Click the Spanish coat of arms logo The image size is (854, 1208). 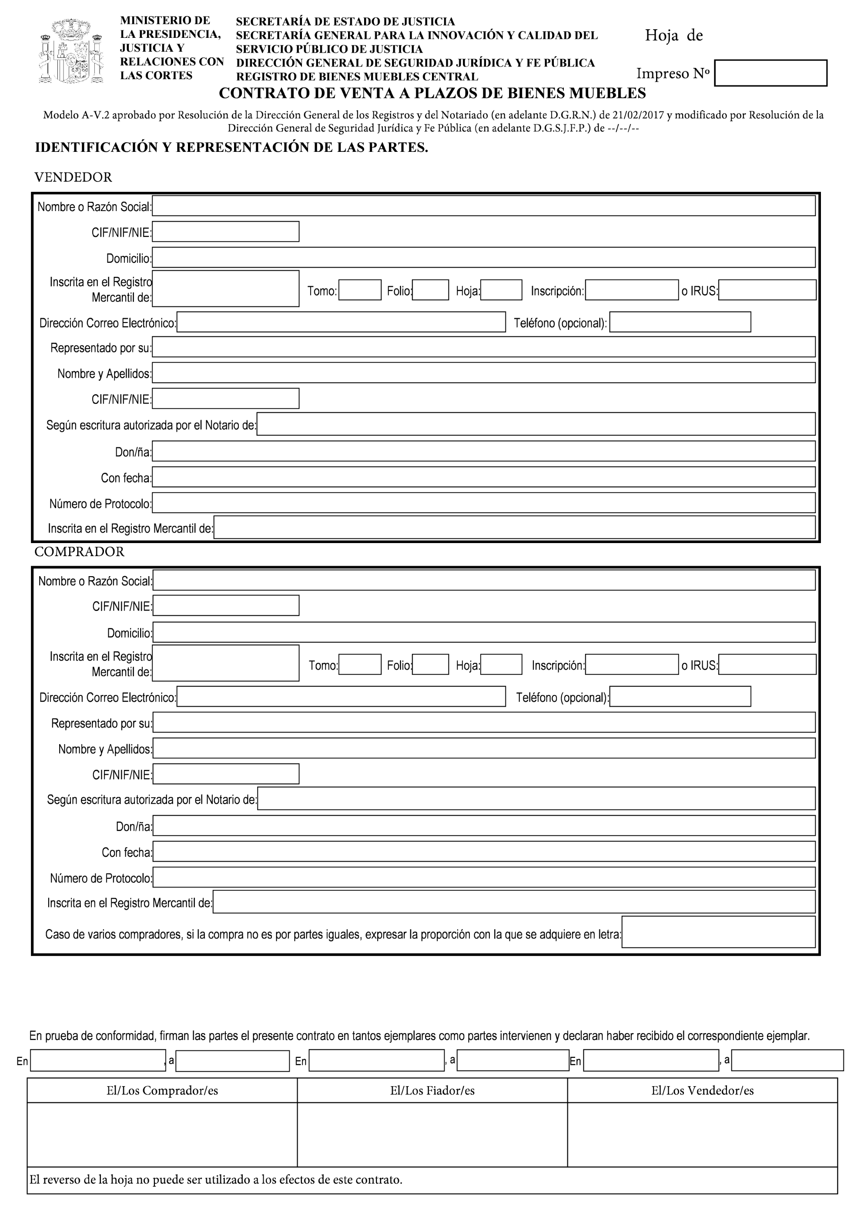point(71,50)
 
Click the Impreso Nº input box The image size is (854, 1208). point(770,73)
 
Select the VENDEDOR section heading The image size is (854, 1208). point(73,177)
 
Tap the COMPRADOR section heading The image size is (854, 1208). point(80,551)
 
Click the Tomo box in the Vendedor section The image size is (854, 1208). point(360,290)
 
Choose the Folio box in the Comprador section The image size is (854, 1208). point(430,664)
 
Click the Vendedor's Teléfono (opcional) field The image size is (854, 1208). point(680,322)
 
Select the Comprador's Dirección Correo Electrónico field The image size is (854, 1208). point(341,697)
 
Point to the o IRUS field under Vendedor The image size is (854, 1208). point(767,290)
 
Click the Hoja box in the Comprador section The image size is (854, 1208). point(501,664)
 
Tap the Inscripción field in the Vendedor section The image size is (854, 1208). point(632,290)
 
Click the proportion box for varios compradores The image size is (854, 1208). point(718,932)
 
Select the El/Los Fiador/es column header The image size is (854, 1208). point(432,1091)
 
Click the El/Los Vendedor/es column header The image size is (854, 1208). point(703,1091)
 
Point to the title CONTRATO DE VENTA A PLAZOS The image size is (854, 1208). point(432,93)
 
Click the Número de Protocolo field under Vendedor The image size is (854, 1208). point(484,503)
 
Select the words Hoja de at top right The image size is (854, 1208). point(673,36)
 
